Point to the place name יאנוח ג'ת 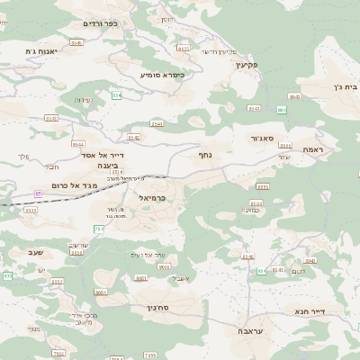click(x=41, y=52)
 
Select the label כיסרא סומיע click(x=162, y=75)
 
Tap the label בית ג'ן click(x=337, y=87)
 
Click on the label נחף click(x=205, y=154)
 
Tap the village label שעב click(x=35, y=253)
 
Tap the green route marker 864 click(x=282, y=110)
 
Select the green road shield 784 click(x=98, y=229)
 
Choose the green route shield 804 click(x=262, y=270)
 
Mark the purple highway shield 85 click(x=39, y=193)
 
